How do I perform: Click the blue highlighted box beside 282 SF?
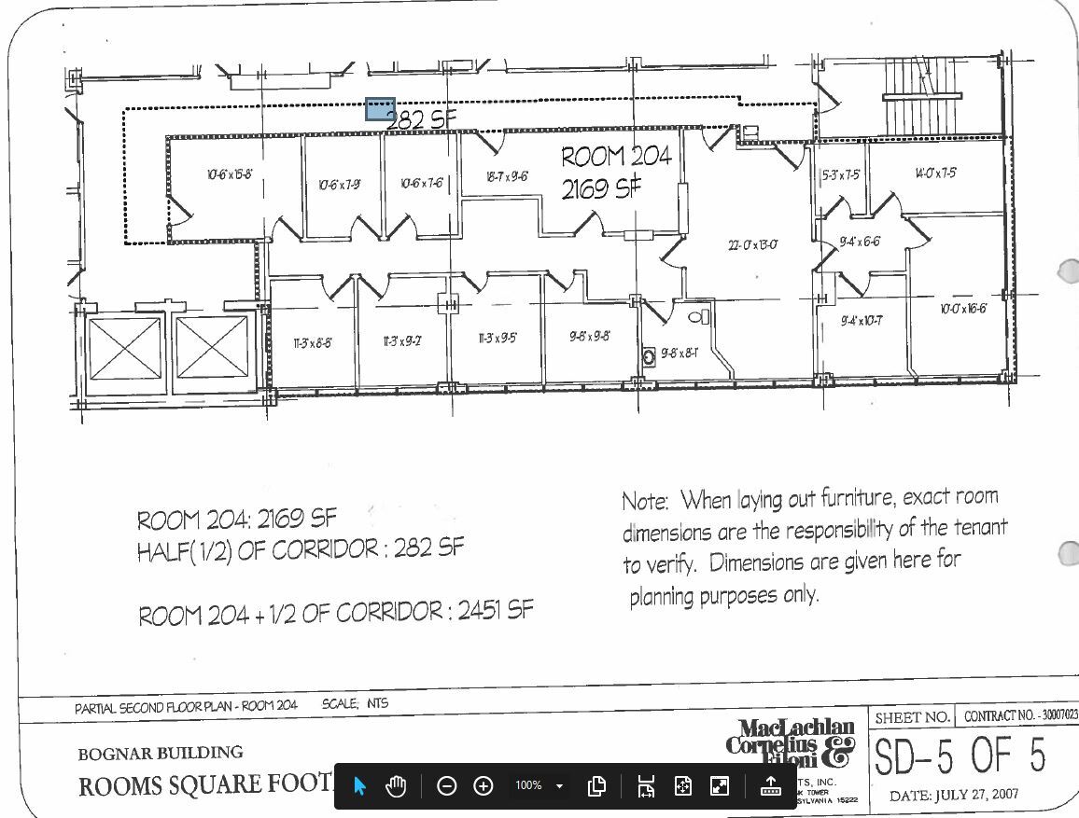point(380,110)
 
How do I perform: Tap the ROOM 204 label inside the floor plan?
point(616,157)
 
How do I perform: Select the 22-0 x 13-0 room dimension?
point(752,245)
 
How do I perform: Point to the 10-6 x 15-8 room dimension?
point(230,174)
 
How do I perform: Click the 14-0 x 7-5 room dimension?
point(934,173)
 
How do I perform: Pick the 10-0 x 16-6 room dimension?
point(962,309)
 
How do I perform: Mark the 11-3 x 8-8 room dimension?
point(312,343)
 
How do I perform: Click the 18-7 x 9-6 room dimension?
point(507,177)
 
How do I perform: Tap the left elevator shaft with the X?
point(124,350)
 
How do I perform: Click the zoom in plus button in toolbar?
point(483,786)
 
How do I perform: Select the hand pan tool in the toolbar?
point(396,786)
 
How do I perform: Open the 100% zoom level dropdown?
point(559,786)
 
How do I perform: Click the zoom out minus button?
point(446,786)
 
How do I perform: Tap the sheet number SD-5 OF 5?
point(960,756)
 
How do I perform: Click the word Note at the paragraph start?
point(644,502)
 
